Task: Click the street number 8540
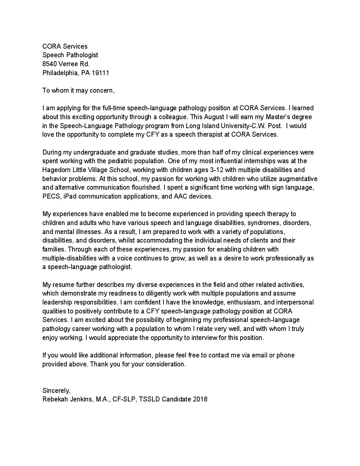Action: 50,64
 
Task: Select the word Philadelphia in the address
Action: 59,73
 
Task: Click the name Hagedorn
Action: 56,170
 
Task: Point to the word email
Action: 260,355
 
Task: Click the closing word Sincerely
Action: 56,391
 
